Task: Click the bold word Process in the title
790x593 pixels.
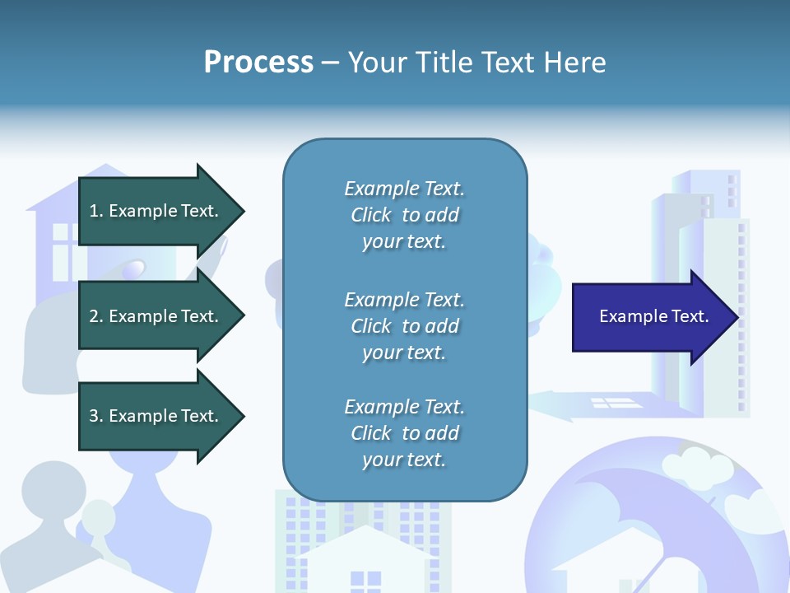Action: click(x=258, y=63)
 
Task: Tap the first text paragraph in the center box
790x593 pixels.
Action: click(x=404, y=215)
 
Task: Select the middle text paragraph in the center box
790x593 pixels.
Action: click(x=404, y=326)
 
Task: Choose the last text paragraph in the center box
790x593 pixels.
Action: click(x=404, y=433)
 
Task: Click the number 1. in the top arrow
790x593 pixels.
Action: click(x=96, y=211)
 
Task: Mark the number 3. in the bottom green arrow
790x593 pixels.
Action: click(x=96, y=416)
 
